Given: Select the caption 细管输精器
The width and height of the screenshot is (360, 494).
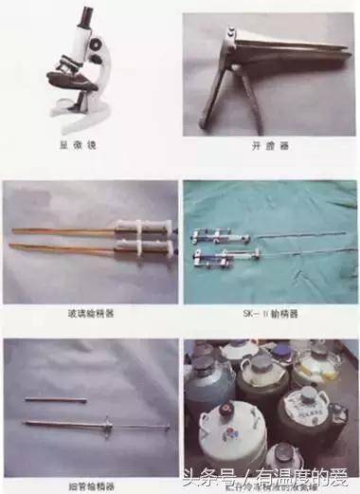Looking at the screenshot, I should (x=91, y=485).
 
